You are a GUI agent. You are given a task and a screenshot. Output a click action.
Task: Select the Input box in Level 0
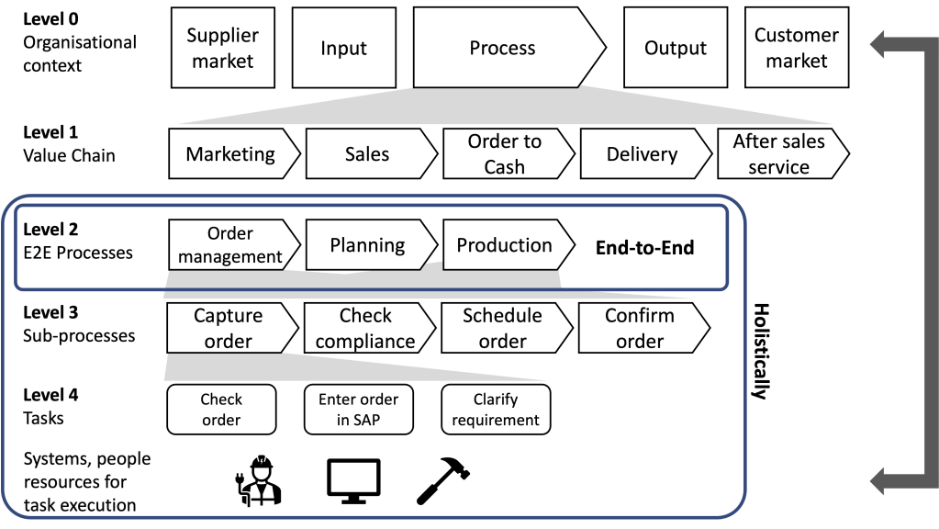pyautogui.click(x=343, y=48)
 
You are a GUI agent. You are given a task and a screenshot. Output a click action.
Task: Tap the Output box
pyautogui.click(x=676, y=48)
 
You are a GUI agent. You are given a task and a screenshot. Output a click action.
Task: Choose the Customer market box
pyautogui.click(x=796, y=48)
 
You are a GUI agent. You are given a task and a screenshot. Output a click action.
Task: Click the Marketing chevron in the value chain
pyautogui.click(x=231, y=154)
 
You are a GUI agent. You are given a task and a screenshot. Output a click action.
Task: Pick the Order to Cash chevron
pyautogui.click(x=506, y=154)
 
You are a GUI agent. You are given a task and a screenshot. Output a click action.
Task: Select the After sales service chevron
pyautogui.click(x=779, y=154)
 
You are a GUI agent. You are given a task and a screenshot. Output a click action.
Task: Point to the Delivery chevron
pyautogui.click(x=643, y=154)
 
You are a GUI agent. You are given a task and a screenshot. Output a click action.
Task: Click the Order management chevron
pyautogui.click(x=231, y=245)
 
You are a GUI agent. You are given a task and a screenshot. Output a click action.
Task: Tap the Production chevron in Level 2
pyautogui.click(x=506, y=245)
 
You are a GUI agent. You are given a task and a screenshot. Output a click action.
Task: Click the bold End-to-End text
pyautogui.click(x=645, y=248)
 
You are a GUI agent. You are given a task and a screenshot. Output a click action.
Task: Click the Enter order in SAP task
pyautogui.click(x=358, y=410)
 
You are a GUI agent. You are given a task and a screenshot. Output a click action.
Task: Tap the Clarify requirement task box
pyautogui.click(x=496, y=410)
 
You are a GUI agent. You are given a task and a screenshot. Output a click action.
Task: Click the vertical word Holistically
pyautogui.click(x=760, y=352)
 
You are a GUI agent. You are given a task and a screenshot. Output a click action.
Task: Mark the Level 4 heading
pyautogui.click(x=50, y=395)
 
